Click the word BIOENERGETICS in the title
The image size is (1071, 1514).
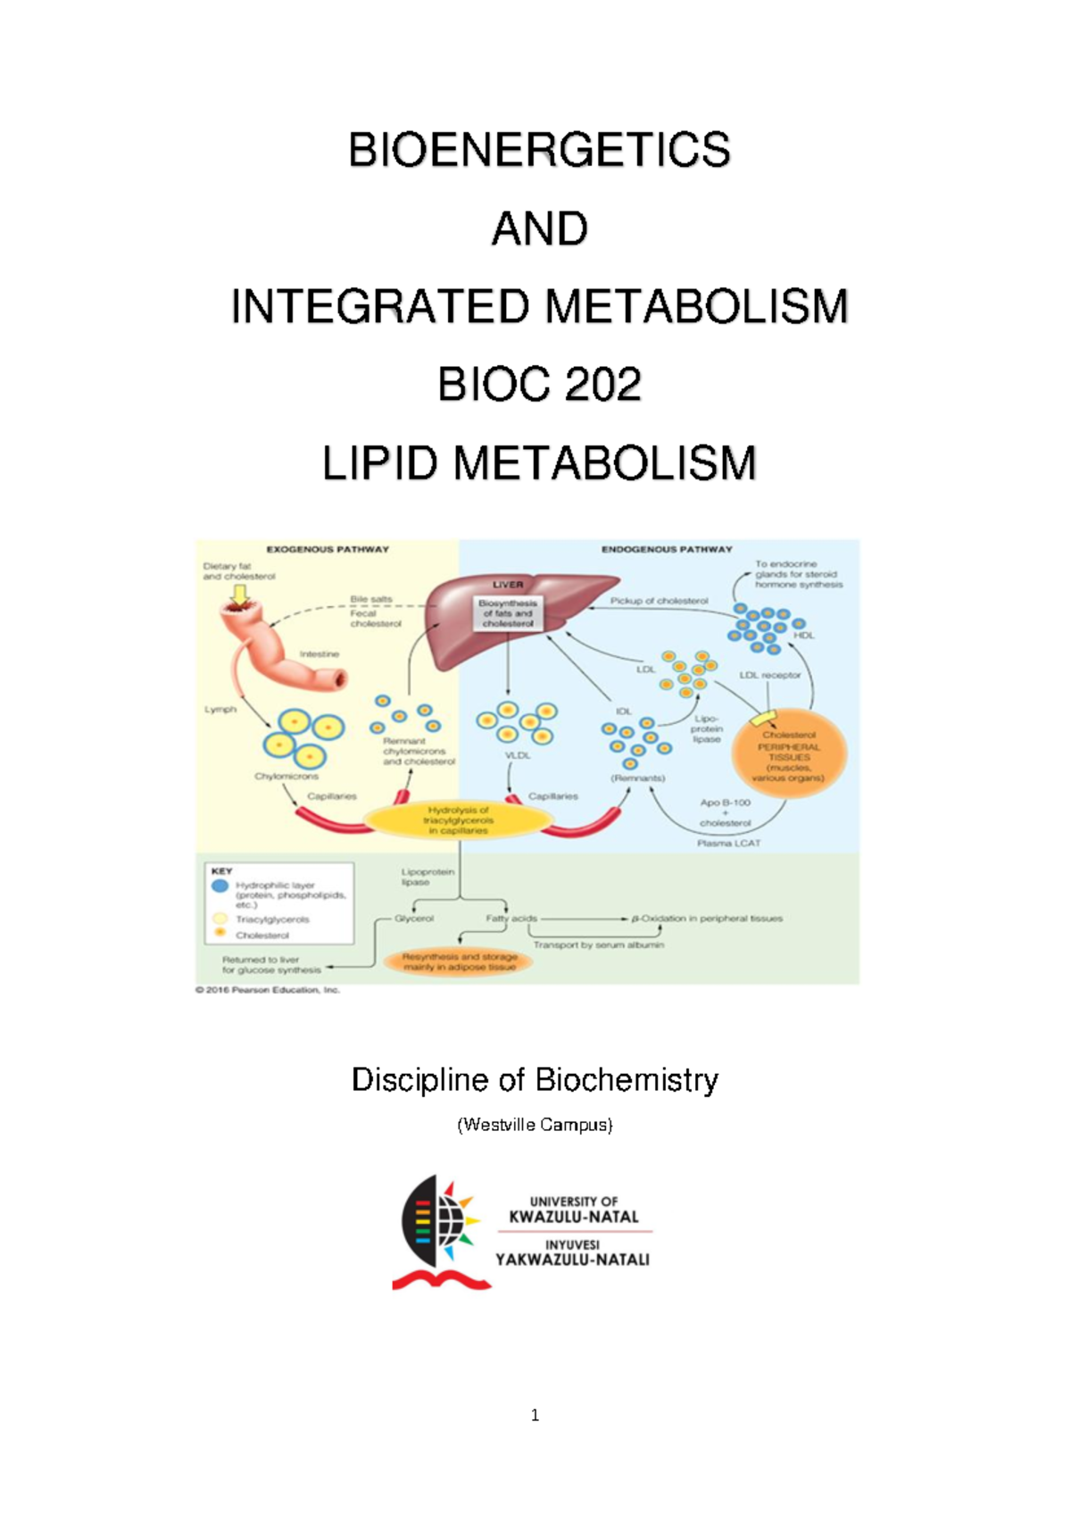(x=539, y=150)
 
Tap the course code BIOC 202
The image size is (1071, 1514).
(x=539, y=386)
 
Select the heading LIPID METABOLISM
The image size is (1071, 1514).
(x=539, y=464)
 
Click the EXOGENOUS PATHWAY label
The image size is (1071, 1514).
(x=328, y=549)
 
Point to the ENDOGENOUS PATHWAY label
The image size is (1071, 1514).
(x=666, y=549)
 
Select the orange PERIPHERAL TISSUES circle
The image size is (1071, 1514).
(x=789, y=754)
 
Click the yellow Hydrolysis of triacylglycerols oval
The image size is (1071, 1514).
(x=458, y=819)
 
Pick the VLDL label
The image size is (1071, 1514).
(x=518, y=755)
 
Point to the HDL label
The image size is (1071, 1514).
(x=803, y=636)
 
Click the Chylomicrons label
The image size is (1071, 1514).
(x=286, y=777)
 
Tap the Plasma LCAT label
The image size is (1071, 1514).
(x=728, y=843)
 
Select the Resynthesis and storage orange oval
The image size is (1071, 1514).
(x=459, y=961)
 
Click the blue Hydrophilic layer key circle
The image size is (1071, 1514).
(x=220, y=886)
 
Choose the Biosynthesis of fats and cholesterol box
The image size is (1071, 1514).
(x=508, y=613)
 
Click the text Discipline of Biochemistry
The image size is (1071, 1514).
(x=535, y=1080)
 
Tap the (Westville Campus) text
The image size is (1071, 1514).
(x=535, y=1125)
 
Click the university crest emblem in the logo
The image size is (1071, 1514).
(x=439, y=1232)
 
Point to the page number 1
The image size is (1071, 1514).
(x=535, y=1415)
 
